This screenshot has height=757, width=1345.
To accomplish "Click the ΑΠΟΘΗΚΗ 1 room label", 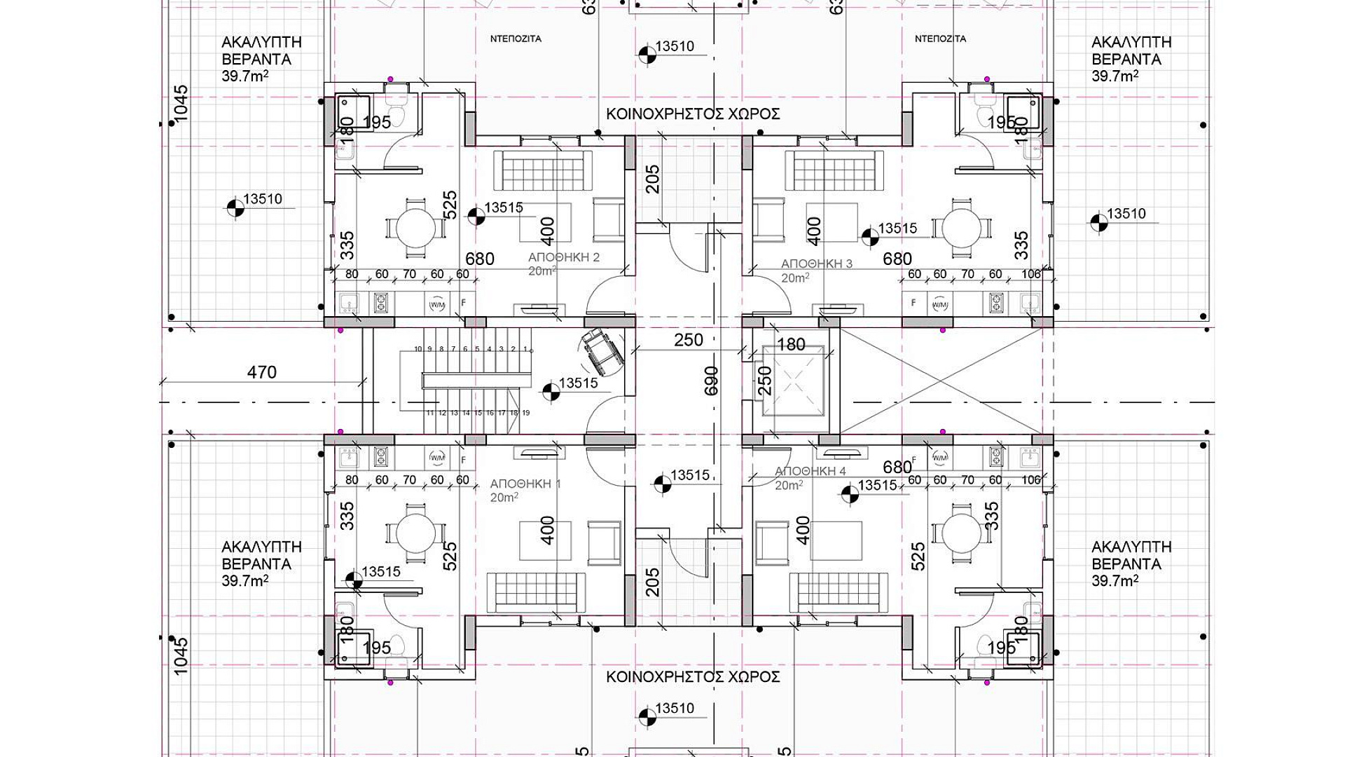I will click(525, 484).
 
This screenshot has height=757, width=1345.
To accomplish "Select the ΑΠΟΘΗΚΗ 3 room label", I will click(817, 264).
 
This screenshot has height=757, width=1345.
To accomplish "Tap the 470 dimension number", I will click(262, 372).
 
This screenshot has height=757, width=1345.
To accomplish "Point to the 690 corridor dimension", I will click(712, 381).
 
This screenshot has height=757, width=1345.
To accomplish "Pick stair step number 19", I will click(525, 413).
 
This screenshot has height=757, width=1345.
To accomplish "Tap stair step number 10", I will click(418, 349).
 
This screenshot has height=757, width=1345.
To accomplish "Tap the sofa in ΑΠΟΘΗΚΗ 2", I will click(542, 170).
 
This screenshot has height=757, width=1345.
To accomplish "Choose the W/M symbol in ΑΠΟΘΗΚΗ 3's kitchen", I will click(939, 304).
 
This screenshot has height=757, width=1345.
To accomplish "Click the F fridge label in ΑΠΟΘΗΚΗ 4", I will click(913, 459).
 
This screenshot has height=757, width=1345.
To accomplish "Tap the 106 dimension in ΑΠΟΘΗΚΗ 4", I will click(1031, 481).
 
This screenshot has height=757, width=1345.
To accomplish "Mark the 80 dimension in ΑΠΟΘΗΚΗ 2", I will click(352, 274).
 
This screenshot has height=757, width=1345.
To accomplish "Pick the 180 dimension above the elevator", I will click(792, 345).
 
